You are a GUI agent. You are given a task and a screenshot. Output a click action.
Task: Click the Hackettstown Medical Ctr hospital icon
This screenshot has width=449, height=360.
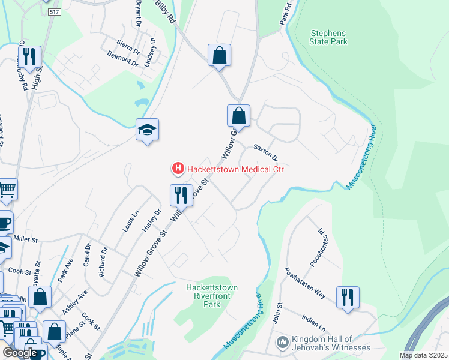click(x=178, y=170)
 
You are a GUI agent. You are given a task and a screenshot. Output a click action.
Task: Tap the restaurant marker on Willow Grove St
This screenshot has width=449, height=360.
click(x=179, y=194)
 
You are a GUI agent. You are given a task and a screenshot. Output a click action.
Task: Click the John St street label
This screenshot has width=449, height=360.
click(x=277, y=314)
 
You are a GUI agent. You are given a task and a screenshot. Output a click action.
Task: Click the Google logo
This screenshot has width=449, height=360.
click(x=19, y=353)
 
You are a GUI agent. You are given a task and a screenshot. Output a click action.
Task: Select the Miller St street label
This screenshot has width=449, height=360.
click(x=25, y=239)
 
